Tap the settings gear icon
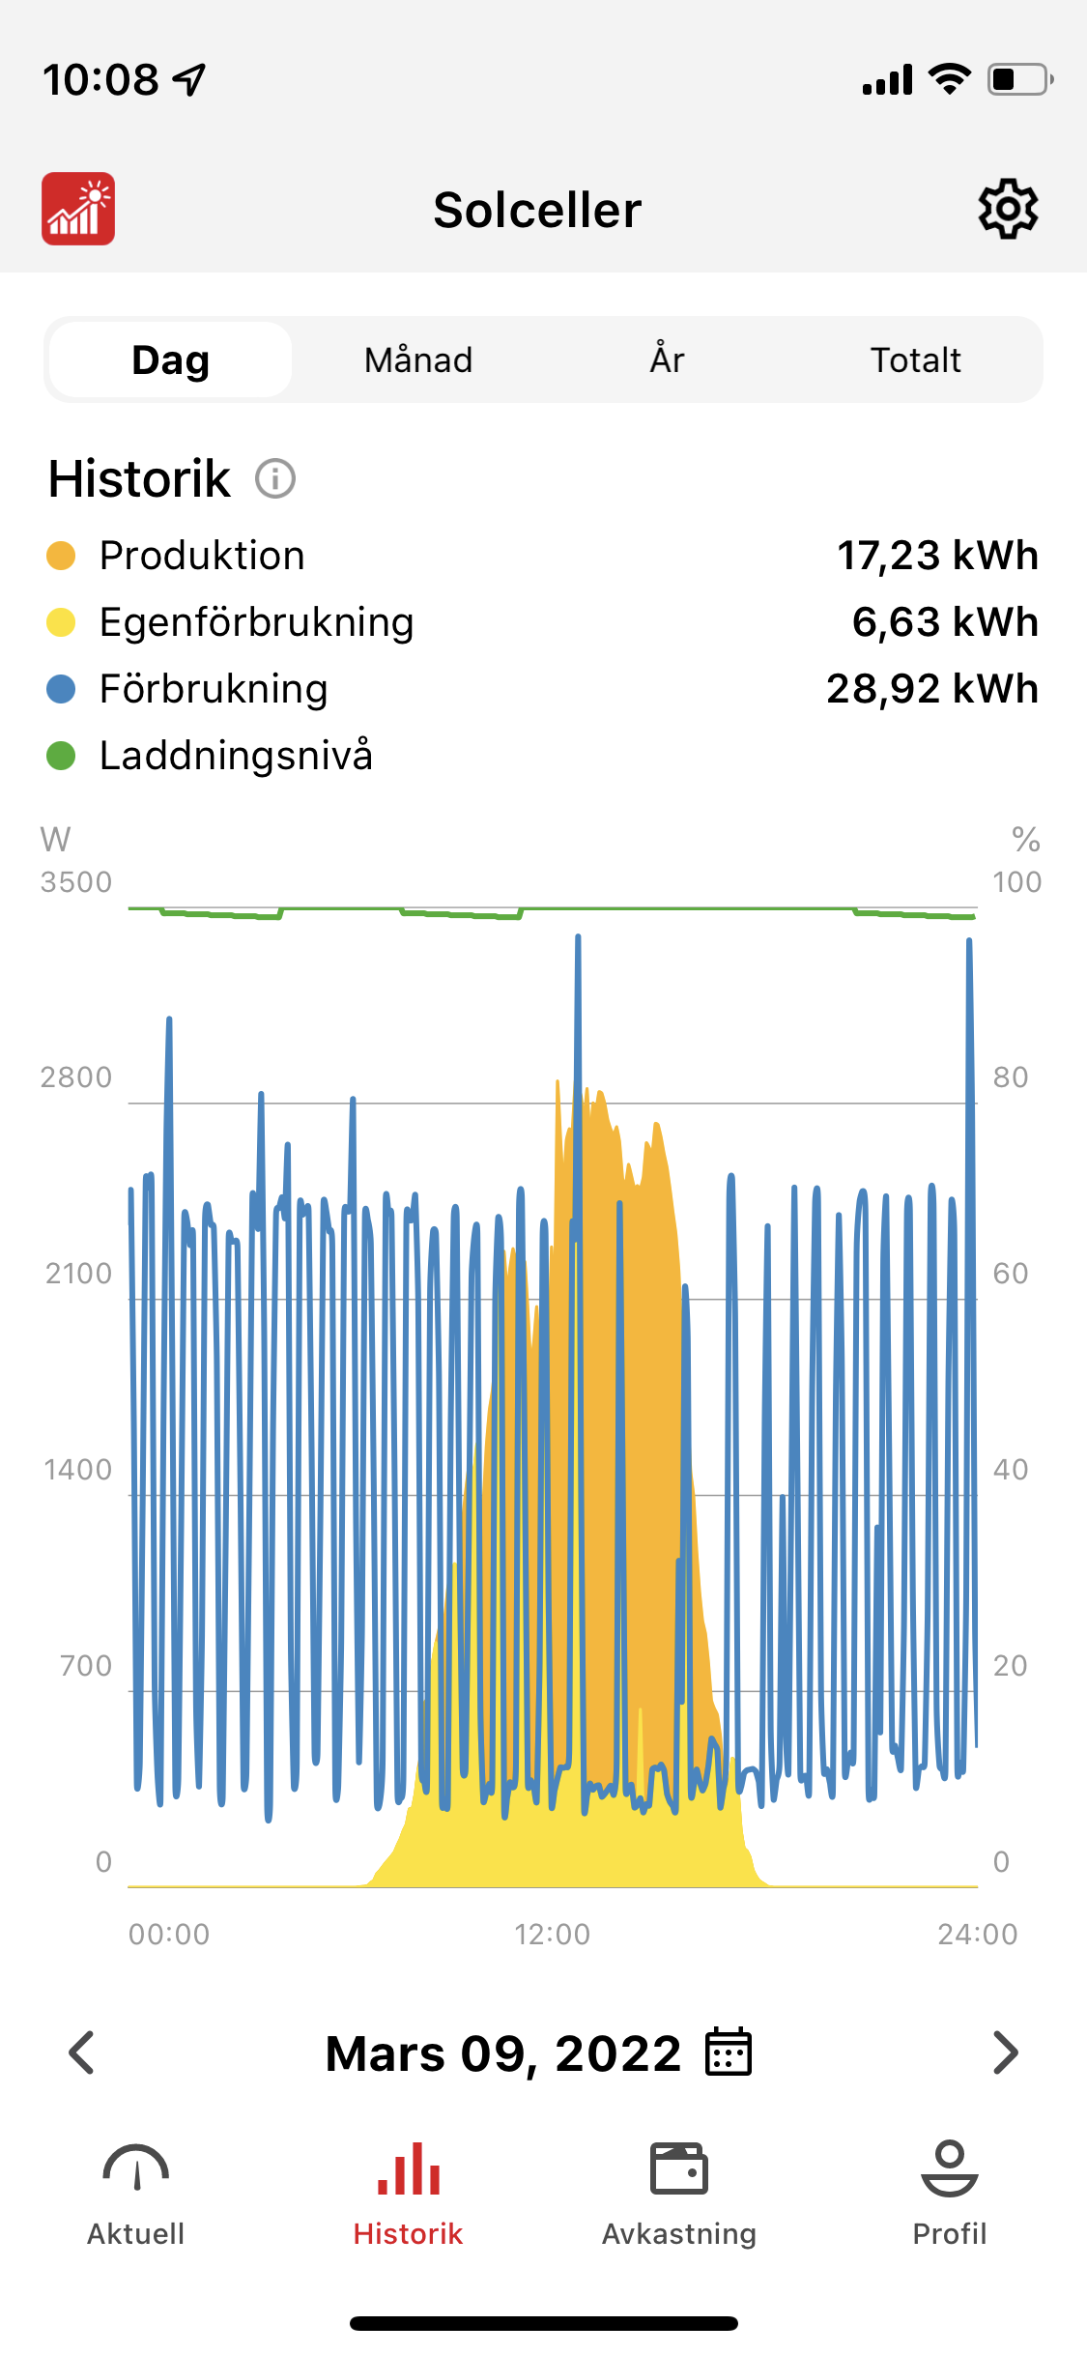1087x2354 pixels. coord(1008,209)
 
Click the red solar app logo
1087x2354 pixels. coord(78,209)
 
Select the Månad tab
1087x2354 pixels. coord(418,360)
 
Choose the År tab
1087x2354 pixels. coord(667,360)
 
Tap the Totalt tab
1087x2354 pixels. coord(915,360)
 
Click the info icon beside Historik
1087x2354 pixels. coord(275,478)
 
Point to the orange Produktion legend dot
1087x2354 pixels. coord(61,556)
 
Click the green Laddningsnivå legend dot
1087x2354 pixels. coord(61,756)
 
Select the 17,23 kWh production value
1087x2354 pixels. coord(937,556)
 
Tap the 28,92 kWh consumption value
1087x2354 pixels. coord(932,689)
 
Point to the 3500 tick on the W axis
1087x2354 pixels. coord(76,882)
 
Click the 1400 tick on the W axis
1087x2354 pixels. coord(78,1470)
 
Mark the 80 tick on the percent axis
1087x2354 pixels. coord(1011,1077)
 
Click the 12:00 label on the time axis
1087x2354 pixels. coord(552,1935)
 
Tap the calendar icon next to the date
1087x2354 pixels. coord(729,2053)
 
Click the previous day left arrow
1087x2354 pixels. coord(82,2053)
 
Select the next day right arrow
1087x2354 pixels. coord(1005,2053)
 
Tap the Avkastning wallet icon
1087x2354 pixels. coord(679,2170)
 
